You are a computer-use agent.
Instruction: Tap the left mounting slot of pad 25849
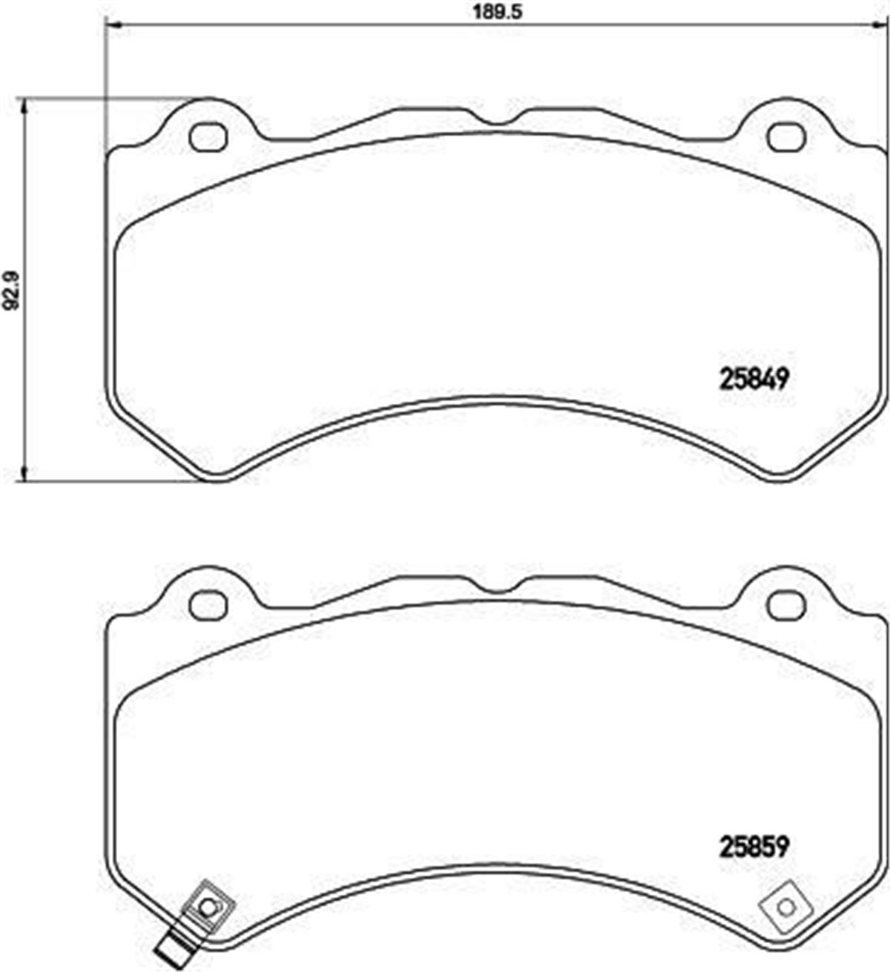(x=208, y=137)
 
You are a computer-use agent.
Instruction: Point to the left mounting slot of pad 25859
(x=208, y=604)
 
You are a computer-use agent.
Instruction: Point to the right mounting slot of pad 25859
(x=785, y=604)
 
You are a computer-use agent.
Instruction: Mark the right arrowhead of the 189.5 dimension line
(x=883, y=28)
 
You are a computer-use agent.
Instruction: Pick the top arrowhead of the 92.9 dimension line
(x=26, y=105)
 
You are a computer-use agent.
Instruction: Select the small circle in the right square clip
(x=785, y=905)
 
